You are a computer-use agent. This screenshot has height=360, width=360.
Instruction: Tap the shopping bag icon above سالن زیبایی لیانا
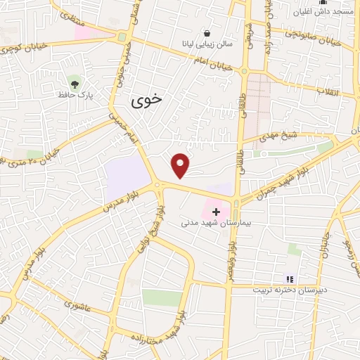click(x=207, y=32)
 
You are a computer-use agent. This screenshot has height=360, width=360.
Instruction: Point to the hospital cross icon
click(x=216, y=211)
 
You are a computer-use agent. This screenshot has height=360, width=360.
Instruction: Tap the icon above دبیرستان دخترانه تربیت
click(x=289, y=279)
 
